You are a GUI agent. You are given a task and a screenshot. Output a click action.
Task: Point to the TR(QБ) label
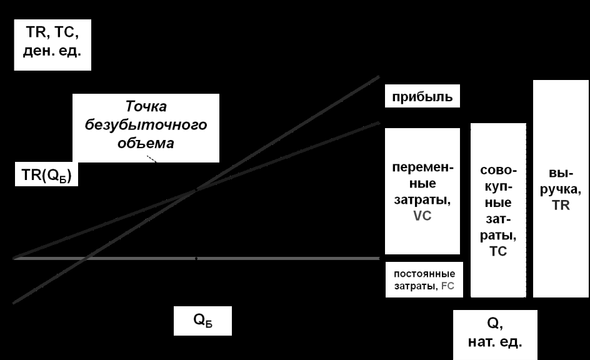point(42,176)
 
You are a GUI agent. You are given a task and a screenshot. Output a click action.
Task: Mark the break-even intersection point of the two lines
point(196,189)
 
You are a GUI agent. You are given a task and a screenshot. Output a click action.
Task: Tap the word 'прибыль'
point(422,98)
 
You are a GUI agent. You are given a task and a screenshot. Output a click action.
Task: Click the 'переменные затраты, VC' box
point(422,191)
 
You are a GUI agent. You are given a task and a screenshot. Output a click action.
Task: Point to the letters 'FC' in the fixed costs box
point(447,287)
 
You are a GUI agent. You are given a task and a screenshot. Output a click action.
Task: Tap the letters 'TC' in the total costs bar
point(498,251)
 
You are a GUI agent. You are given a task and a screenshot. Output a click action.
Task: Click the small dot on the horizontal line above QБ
point(196,258)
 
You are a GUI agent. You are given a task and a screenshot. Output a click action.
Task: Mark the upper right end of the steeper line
point(379,77)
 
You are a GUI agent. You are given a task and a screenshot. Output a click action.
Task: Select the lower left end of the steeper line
point(14,303)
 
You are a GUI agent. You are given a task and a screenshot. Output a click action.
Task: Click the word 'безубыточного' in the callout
point(146,124)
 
